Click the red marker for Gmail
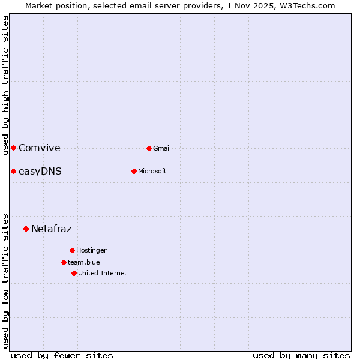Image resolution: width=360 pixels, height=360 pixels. [x=149, y=148]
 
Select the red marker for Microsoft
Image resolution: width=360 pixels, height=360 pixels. [x=134, y=171]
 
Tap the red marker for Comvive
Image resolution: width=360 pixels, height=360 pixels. [x=13, y=148]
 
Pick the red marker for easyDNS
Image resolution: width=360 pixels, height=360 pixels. [x=13, y=172]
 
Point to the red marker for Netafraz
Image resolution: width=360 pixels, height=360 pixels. [x=26, y=229]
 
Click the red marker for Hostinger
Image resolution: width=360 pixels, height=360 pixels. [x=72, y=250]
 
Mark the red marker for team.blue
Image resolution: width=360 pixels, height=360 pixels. [x=64, y=262]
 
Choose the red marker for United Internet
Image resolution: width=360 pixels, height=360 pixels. [x=74, y=273]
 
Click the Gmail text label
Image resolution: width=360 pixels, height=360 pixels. [x=162, y=148]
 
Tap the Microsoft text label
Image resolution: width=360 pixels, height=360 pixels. [x=152, y=171]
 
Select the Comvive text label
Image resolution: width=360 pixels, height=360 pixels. [x=40, y=148]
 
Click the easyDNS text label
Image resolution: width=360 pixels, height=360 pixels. [x=40, y=172]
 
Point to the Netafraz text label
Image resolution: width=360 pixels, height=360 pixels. [x=52, y=229]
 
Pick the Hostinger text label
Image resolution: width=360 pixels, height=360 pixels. [x=91, y=250]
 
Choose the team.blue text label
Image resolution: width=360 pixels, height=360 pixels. [x=84, y=262]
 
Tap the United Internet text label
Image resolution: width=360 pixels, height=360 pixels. [x=102, y=273]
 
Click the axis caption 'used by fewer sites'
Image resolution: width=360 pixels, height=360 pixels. [x=62, y=355]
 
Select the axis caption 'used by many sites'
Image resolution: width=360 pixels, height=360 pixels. [x=301, y=355]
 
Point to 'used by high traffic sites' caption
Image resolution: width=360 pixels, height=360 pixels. [x=5, y=85]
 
